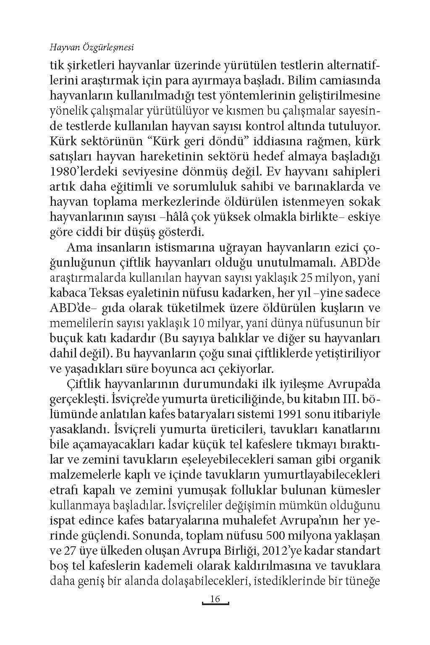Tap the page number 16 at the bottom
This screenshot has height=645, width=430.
(x=215, y=599)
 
